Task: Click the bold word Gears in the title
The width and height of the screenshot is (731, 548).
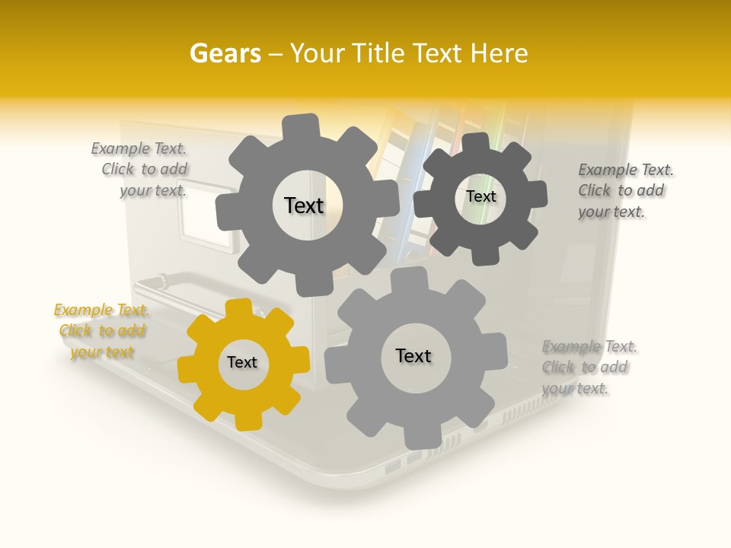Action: click(x=225, y=53)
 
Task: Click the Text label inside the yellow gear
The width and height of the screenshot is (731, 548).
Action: click(x=242, y=363)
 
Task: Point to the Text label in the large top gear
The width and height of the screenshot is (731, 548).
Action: click(x=304, y=205)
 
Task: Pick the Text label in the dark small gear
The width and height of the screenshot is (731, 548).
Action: click(x=481, y=196)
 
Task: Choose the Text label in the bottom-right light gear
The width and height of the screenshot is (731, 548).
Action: click(x=413, y=356)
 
